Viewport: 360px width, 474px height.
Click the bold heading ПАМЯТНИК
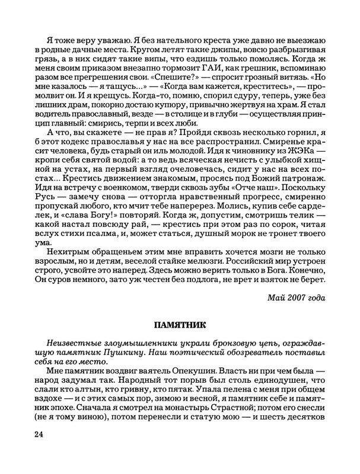[x=180, y=325]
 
